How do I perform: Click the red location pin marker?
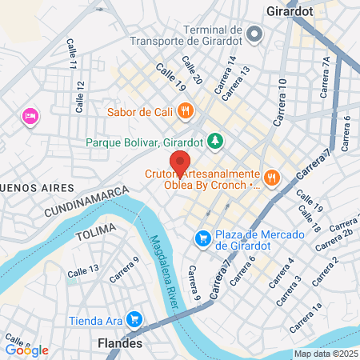181,162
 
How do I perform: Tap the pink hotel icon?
30,117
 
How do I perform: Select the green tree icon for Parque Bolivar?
214,142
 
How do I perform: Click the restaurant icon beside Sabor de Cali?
186,110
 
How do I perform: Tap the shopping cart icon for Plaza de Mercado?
203,238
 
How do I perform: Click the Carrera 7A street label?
325,77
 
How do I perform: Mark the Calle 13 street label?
83,272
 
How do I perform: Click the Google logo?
26,350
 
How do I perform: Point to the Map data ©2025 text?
325,354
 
